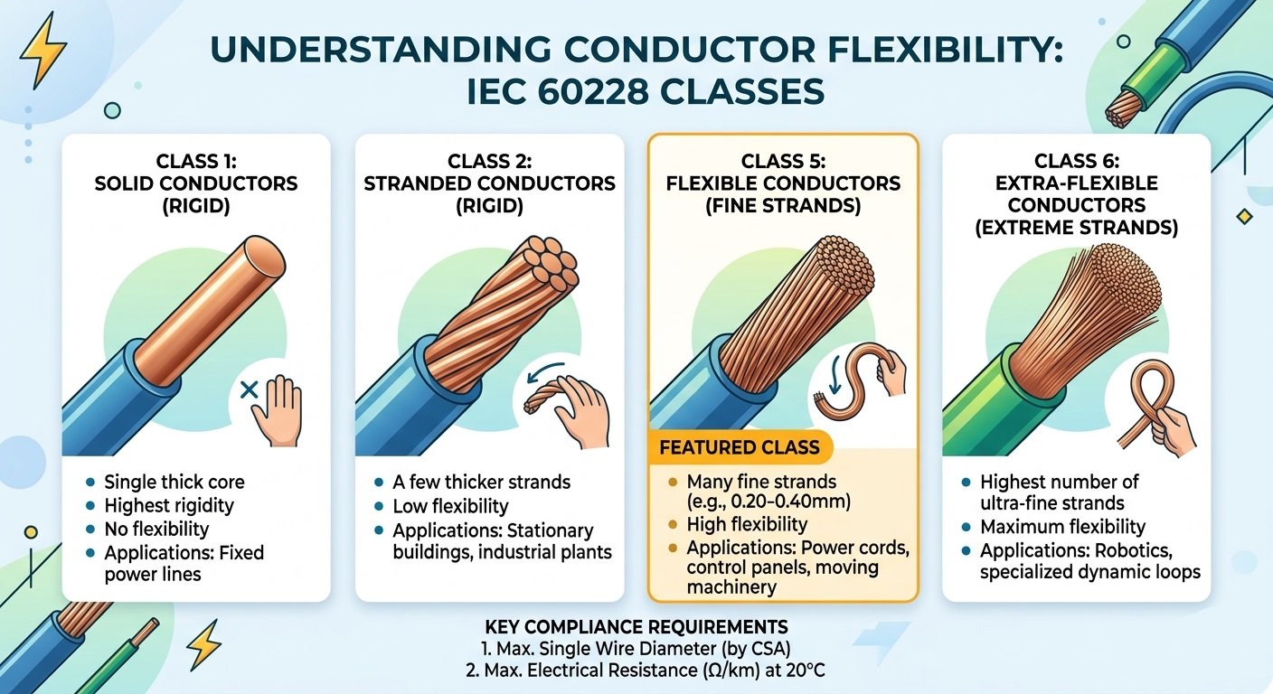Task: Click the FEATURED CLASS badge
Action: pos(739,447)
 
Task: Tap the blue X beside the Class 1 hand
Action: pos(250,390)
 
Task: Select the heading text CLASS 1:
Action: pos(195,162)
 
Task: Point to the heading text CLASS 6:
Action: pos(1076,162)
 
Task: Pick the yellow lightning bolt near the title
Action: pos(42,49)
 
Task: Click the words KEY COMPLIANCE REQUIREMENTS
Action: pos(636,627)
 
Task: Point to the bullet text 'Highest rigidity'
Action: pos(169,505)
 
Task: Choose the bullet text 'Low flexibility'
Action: pos(450,506)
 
